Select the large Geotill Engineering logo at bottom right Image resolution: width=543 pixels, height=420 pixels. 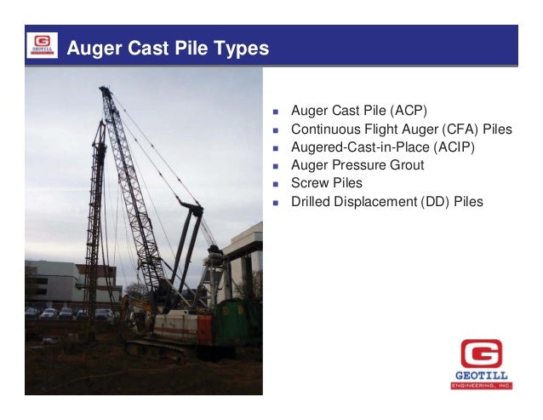click(481, 363)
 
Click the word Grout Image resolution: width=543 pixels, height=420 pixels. click(403, 165)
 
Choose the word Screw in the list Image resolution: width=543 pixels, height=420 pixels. click(310, 183)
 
